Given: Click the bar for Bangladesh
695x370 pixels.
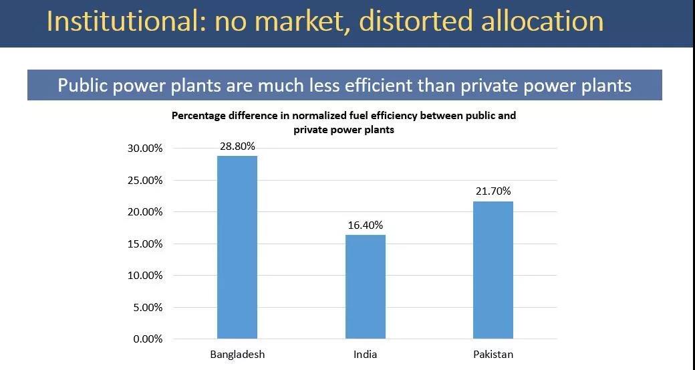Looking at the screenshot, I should coord(237,247).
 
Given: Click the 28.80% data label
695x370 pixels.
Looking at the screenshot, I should coord(237,147).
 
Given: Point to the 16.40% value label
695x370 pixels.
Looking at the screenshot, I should coord(365,225).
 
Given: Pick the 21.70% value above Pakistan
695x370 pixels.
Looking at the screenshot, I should coord(493,191).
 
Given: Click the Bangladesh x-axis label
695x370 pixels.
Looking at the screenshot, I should coord(237,355).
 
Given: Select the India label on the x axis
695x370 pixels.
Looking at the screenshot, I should coord(365,355).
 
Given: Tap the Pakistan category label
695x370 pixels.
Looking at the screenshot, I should coord(493,355).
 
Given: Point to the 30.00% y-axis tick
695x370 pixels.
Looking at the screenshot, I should coord(145,149).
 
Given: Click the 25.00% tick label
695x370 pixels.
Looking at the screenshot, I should coord(145,180).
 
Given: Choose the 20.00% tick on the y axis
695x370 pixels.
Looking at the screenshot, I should coord(145,212).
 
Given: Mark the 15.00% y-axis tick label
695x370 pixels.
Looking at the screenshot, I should coord(145,244).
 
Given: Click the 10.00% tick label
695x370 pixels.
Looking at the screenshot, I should coord(145,276).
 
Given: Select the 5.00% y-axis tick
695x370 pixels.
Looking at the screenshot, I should coord(147,308).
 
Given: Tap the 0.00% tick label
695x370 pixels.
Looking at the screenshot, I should coord(147,339).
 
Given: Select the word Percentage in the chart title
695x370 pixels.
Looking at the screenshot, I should coord(200,116).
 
